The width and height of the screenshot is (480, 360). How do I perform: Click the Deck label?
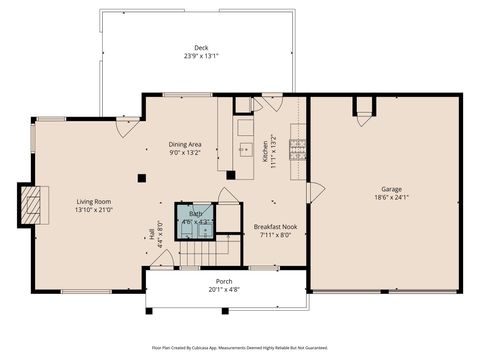pos(201,47)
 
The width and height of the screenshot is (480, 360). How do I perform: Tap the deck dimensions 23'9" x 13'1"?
pos(201,56)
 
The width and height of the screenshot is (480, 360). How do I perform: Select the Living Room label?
pos(93,201)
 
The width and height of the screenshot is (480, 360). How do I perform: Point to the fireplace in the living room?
pos(34,206)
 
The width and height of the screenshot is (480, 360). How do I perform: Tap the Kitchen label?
pos(265,151)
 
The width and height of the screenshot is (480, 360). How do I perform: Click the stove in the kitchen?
pos(297,149)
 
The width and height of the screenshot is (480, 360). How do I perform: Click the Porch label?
pos(224,282)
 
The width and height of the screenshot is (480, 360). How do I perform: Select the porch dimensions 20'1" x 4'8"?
pos(224,290)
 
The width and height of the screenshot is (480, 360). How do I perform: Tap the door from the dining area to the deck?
pos(128,126)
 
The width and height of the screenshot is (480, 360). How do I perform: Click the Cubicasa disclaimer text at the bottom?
pos(240,347)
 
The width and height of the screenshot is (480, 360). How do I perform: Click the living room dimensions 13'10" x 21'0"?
pos(93,210)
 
